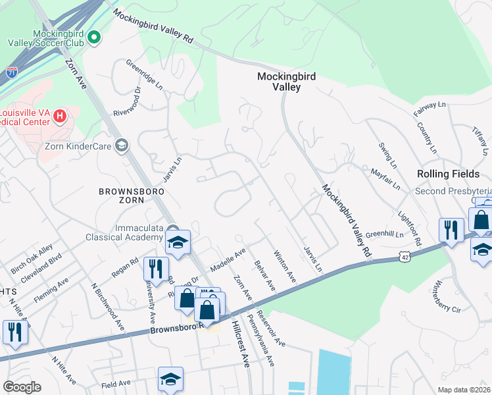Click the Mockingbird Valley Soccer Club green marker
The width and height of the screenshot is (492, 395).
point(93,37)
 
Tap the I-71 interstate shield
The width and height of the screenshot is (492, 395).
point(12,72)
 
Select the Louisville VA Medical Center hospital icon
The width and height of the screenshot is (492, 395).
point(60,117)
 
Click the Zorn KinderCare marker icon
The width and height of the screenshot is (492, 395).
point(121,145)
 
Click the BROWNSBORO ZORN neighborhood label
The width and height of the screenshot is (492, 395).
point(130,196)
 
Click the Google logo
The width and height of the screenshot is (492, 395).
point(22,386)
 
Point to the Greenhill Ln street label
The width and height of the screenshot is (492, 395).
point(383,233)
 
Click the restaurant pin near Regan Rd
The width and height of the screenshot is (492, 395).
point(155,268)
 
